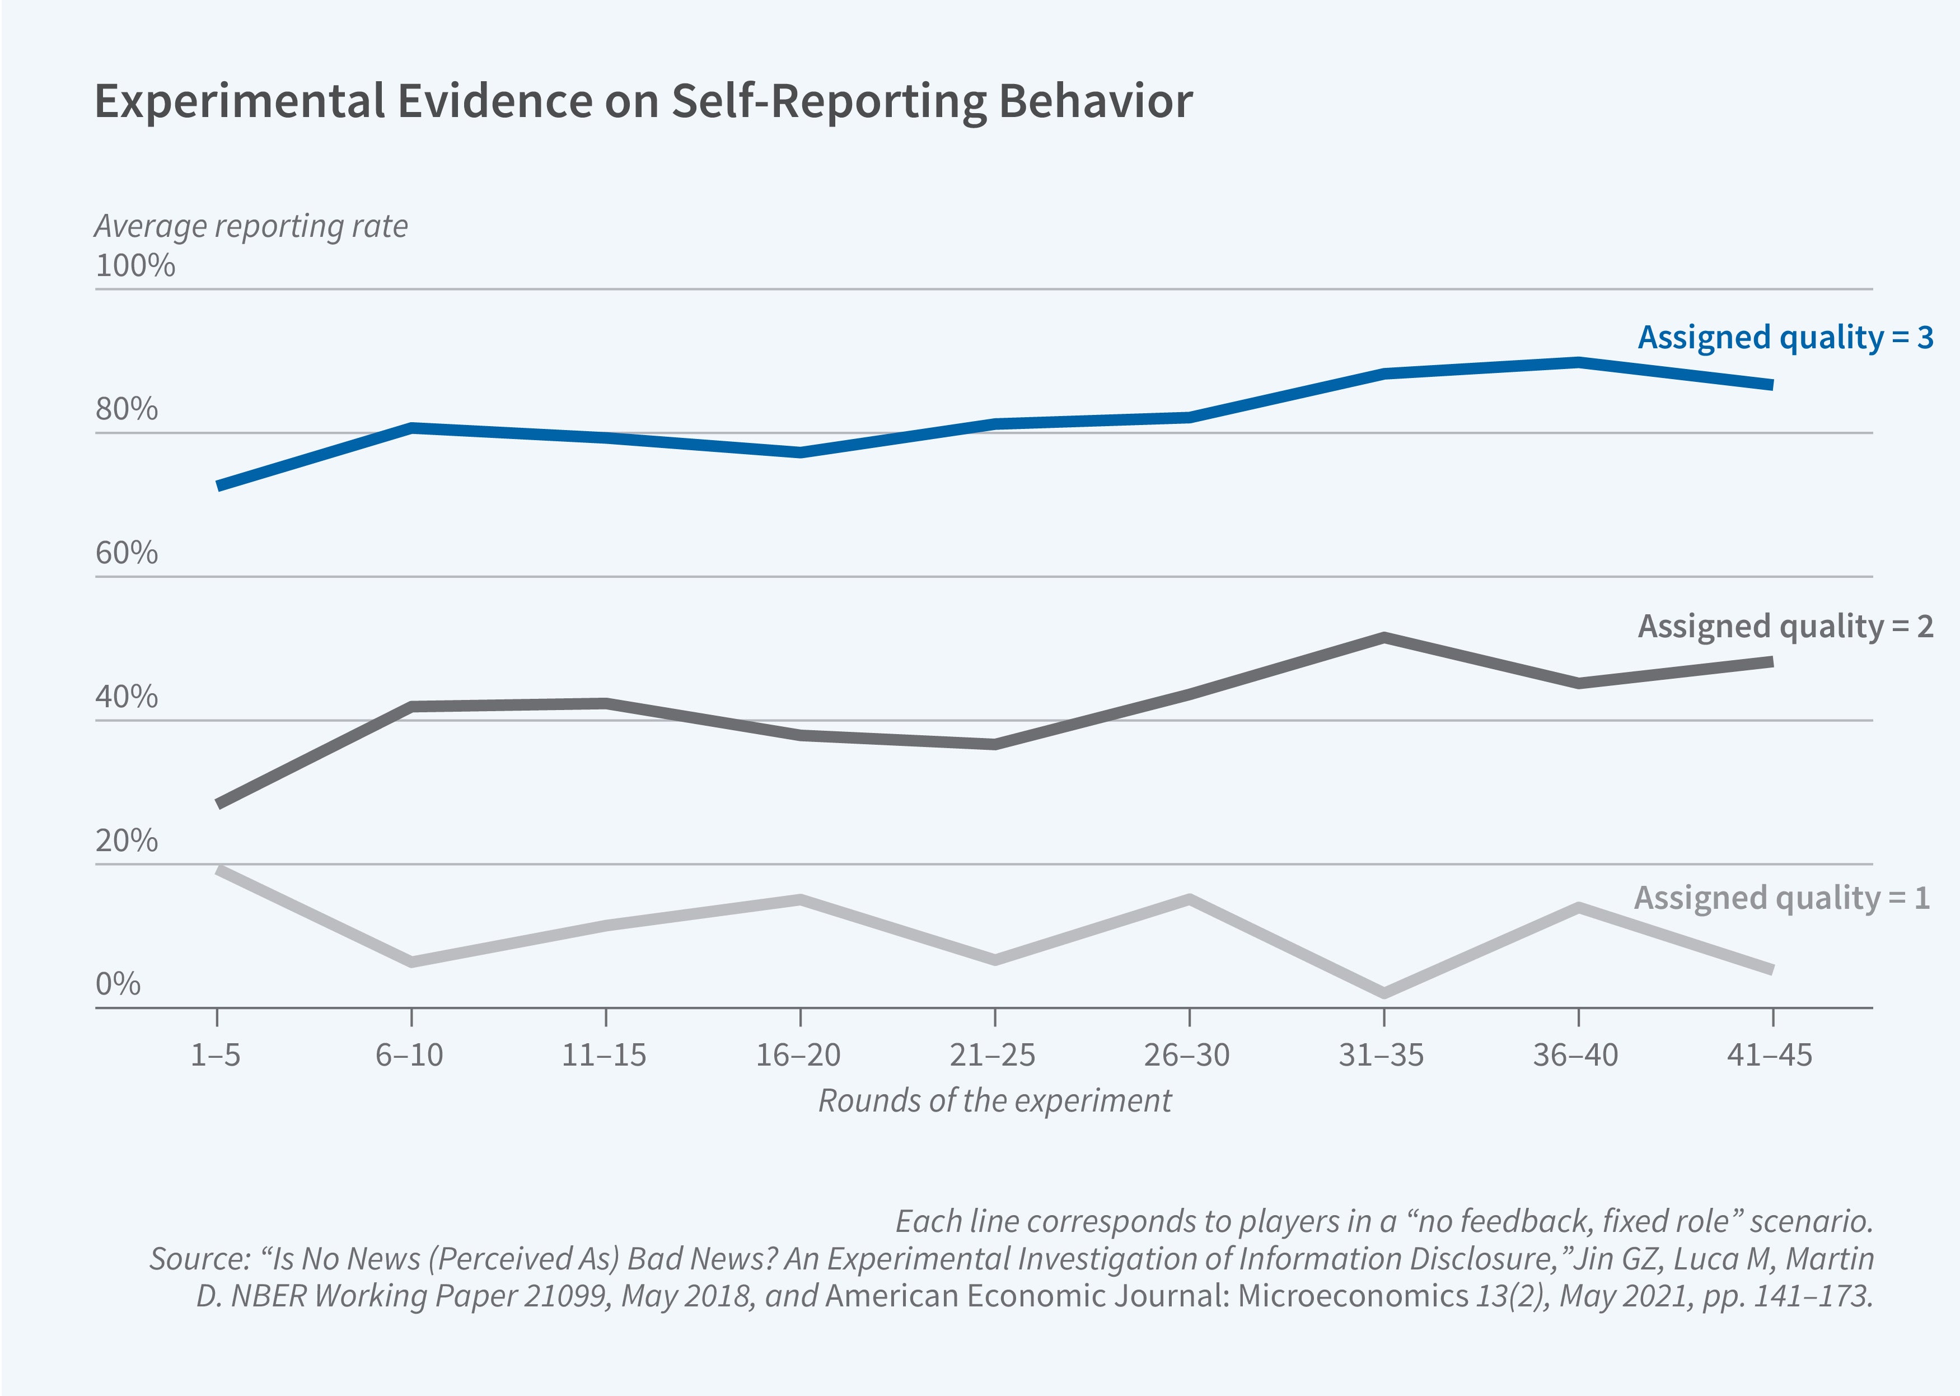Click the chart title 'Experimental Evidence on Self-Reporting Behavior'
click(643, 101)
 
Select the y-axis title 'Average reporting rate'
click(251, 226)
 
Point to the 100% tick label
click(135, 265)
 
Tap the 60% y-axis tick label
click(127, 553)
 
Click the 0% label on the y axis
click(118, 983)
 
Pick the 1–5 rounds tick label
click(216, 1055)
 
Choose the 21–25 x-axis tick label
click(993, 1055)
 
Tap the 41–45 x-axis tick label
click(1770, 1055)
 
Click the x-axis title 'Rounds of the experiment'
click(994, 1101)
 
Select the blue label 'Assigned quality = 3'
click(1785, 337)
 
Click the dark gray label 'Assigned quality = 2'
click(1785, 627)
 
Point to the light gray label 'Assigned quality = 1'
click(1782, 898)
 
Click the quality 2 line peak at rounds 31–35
click(1383, 638)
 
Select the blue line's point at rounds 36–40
click(1579, 362)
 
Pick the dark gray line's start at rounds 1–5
click(218, 804)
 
